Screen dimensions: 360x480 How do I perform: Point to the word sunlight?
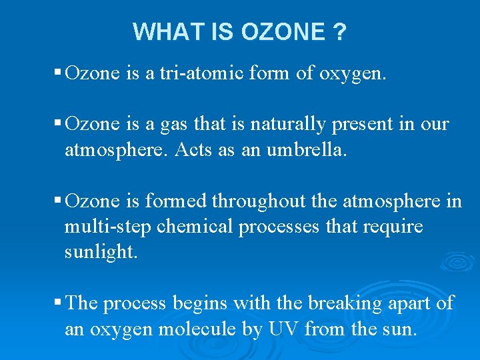click(x=101, y=253)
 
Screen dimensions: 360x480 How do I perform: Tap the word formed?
click(x=184, y=201)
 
